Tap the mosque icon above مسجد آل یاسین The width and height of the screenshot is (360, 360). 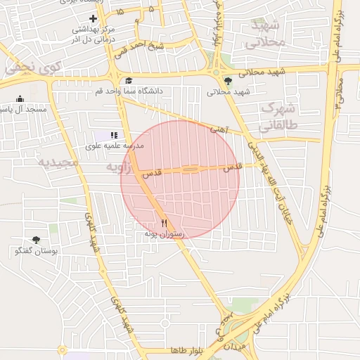point(20,98)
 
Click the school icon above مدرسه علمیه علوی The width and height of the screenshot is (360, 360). point(114,135)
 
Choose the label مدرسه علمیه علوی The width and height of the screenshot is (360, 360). point(114,146)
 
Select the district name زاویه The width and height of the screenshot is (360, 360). point(120,167)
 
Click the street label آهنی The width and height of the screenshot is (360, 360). point(219,129)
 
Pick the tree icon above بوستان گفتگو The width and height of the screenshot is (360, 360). point(36,240)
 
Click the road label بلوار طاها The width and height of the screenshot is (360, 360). point(186,350)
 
